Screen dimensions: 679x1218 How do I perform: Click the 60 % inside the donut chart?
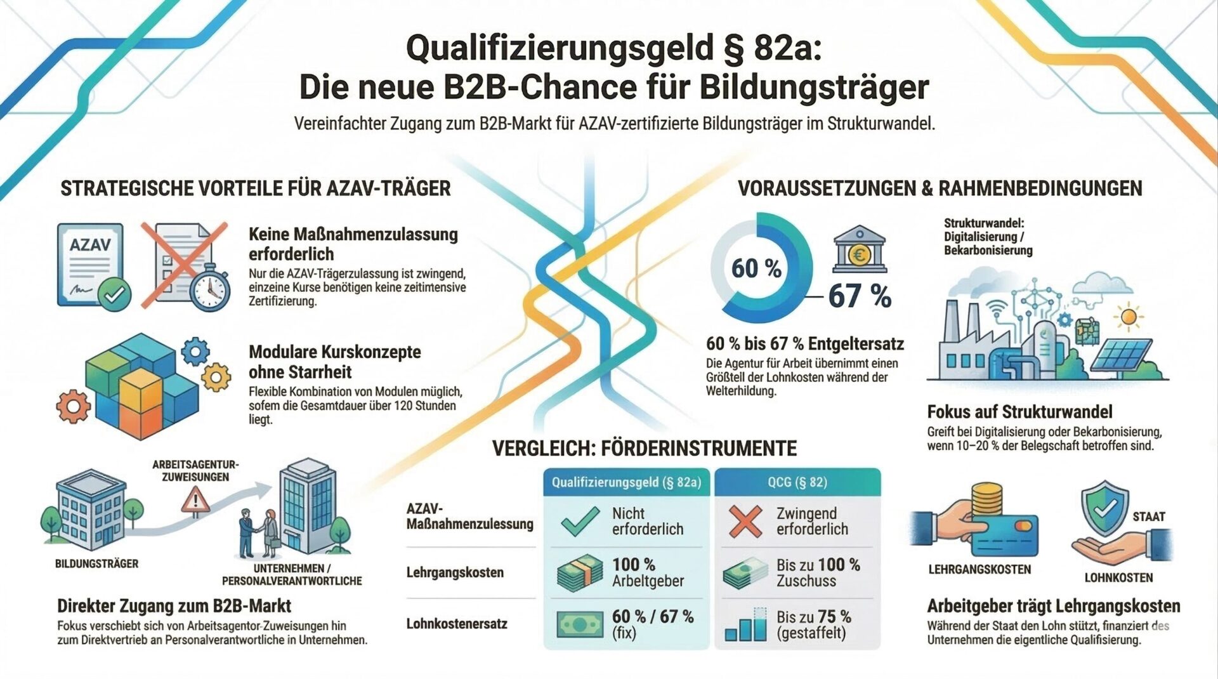coord(756,268)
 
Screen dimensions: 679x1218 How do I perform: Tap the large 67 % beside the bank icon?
coord(859,296)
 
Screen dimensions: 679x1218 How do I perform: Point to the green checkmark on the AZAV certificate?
coord(115,294)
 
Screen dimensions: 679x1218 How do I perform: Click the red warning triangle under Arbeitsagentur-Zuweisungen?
coord(195,501)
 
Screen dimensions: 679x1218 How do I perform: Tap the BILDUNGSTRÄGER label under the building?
coord(96,564)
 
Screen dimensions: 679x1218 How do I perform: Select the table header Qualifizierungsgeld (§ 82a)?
coord(626,482)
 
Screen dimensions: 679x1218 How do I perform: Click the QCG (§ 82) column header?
coord(797,482)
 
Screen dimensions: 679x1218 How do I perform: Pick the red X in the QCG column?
coord(745,521)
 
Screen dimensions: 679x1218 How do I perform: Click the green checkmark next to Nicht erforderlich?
coord(580,521)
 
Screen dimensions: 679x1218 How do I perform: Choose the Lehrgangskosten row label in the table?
coord(455,572)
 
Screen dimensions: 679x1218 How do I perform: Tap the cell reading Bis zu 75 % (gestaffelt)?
coord(813,624)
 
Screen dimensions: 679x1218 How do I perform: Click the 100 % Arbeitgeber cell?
coord(647,572)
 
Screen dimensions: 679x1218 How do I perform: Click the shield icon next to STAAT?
coord(1104,508)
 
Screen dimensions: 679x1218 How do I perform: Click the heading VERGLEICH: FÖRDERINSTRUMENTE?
coord(644,449)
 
